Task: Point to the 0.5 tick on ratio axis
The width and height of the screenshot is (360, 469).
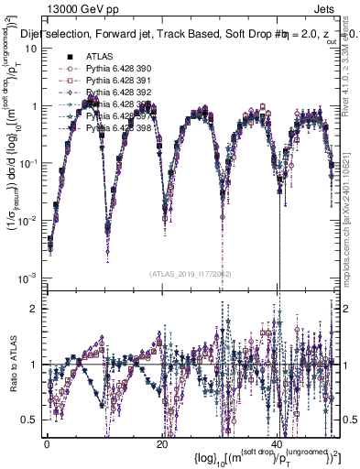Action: [x=31, y=420]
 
